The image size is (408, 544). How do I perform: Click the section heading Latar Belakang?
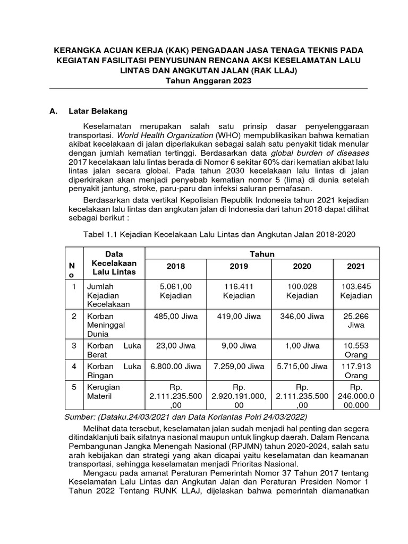(x=98, y=112)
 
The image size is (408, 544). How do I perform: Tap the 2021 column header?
(x=356, y=266)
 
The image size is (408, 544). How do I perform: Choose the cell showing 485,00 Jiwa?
(x=175, y=317)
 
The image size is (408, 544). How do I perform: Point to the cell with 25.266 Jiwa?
(x=356, y=321)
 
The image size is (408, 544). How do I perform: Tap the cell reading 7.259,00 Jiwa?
(x=239, y=367)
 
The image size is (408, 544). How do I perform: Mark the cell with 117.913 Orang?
(x=356, y=371)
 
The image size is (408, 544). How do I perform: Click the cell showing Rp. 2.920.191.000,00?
(x=239, y=396)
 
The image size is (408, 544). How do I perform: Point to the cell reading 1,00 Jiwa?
(x=302, y=345)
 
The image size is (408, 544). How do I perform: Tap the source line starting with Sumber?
(x=185, y=417)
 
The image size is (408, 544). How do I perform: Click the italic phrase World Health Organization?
(x=166, y=135)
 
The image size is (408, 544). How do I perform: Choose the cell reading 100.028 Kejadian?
(x=302, y=291)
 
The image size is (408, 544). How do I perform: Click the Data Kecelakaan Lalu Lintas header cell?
(x=114, y=263)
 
